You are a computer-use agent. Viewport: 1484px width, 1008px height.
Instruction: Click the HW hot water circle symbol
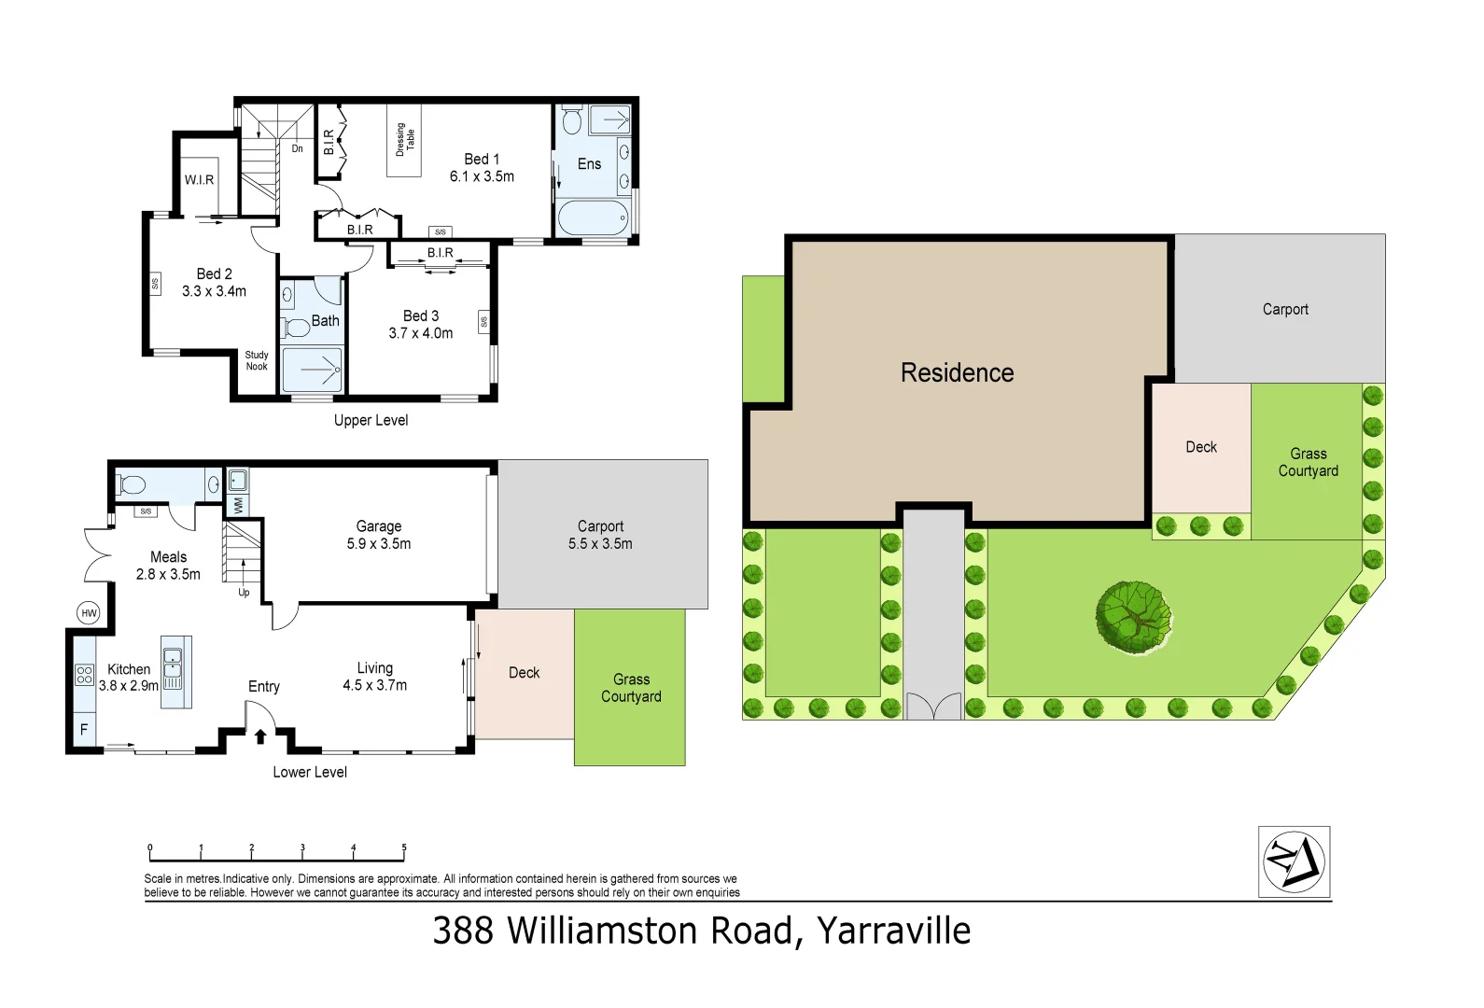(89, 613)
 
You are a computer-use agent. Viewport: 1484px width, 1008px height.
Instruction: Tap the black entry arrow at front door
(260, 736)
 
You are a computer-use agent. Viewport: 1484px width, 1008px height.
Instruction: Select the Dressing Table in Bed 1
(404, 140)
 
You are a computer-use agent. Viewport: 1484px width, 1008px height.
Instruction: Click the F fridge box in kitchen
(84, 729)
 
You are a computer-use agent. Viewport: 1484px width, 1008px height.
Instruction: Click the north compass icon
(1294, 861)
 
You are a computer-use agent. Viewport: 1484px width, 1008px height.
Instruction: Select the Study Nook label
(257, 361)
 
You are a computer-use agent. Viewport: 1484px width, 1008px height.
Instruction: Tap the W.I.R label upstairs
(199, 180)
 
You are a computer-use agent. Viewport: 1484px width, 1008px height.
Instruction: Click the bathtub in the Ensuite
(593, 218)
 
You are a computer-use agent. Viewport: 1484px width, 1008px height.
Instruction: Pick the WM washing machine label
(237, 505)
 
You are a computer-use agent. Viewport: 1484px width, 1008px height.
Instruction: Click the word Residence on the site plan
(957, 373)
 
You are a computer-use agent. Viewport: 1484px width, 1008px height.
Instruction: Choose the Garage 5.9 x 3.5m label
(378, 535)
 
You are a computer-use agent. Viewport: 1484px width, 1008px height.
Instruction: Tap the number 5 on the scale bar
(404, 848)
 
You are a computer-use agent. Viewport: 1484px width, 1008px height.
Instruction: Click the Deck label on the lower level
(524, 673)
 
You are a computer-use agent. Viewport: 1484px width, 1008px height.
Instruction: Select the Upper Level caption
(371, 420)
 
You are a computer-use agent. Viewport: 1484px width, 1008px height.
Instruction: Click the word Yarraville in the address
(893, 931)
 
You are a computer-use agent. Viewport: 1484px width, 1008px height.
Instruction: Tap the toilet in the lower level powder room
(132, 485)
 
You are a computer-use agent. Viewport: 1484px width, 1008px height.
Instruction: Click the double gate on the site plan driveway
(933, 706)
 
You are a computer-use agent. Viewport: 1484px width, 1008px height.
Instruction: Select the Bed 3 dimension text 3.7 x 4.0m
(420, 333)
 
